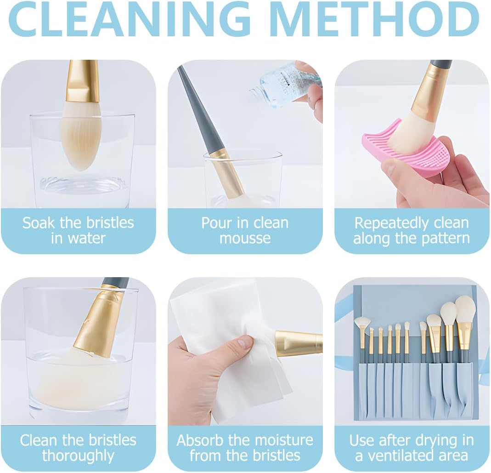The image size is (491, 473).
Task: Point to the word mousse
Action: click(x=245, y=238)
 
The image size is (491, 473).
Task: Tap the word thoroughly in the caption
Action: click(x=78, y=456)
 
